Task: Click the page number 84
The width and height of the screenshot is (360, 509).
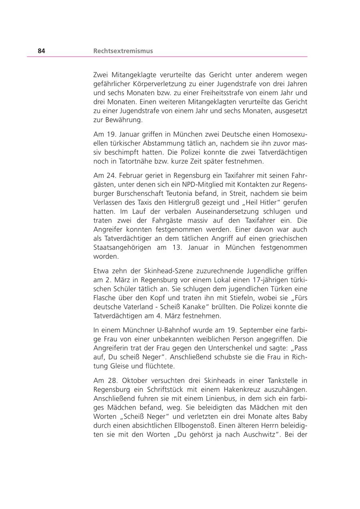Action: (x=42, y=51)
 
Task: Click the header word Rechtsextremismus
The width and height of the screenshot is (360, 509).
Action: (x=123, y=51)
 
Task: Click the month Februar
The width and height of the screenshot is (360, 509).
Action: (x=127, y=175)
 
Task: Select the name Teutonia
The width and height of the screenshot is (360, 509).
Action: (x=167, y=193)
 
